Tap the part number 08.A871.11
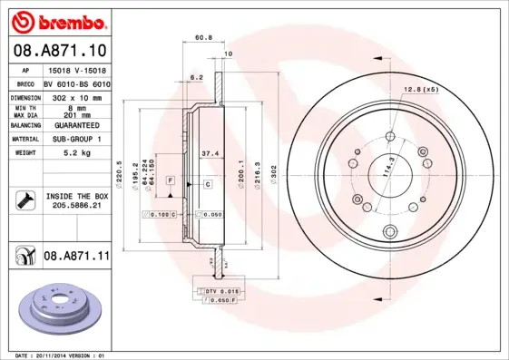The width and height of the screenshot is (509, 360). click(76, 257)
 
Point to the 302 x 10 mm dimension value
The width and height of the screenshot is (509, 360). click(75, 95)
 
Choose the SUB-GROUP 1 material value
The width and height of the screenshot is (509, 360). click(75, 140)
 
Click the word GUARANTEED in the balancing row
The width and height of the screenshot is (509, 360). click(75, 125)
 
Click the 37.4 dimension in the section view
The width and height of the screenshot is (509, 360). click(208, 153)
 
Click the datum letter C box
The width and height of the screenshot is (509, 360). click(207, 184)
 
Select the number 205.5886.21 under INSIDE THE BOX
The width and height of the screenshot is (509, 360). click(75, 205)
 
